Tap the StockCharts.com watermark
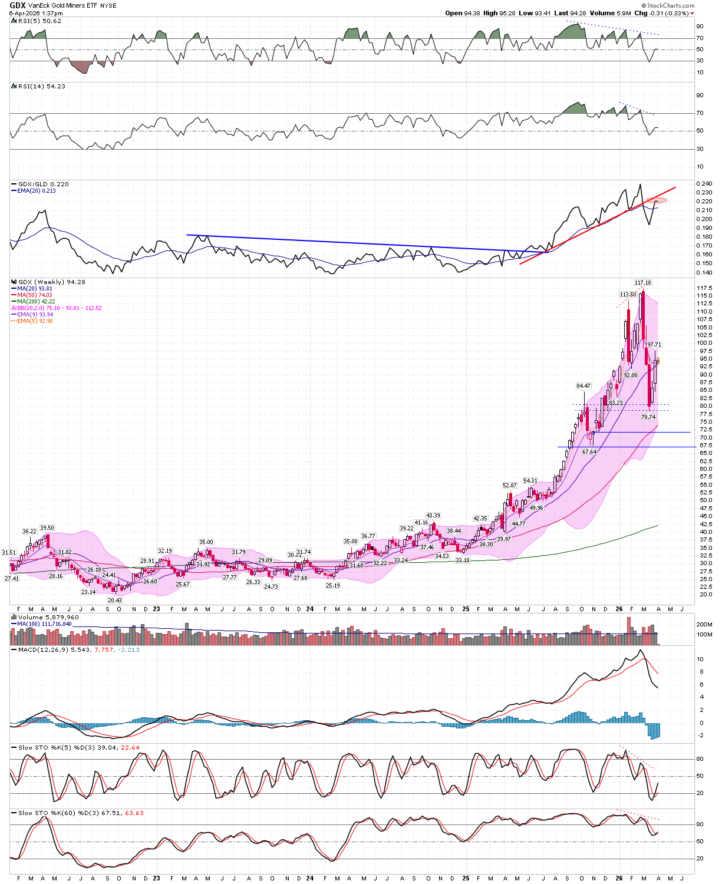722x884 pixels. [x=670, y=5]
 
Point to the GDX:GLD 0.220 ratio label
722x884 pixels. [x=43, y=184]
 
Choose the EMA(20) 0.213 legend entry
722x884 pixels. [x=37, y=191]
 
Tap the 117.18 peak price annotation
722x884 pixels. [x=642, y=283]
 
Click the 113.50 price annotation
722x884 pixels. [x=628, y=295]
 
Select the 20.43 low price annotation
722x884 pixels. [x=114, y=600]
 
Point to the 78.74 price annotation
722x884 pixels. [x=648, y=417]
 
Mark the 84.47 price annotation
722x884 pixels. [x=583, y=386]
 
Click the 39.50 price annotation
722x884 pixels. [x=47, y=528]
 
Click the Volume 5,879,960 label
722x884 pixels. [x=48, y=618]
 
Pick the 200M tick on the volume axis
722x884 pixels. [x=704, y=624]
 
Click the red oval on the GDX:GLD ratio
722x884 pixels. [x=655, y=200]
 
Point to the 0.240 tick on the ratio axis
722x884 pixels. [x=704, y=184]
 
